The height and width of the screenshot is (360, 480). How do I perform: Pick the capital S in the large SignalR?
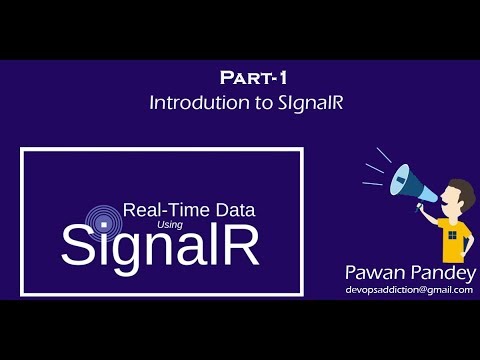coord(80,246)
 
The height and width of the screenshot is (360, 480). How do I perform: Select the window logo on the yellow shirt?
coord(453,236)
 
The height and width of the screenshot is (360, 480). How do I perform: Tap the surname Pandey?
coord(440,273)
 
